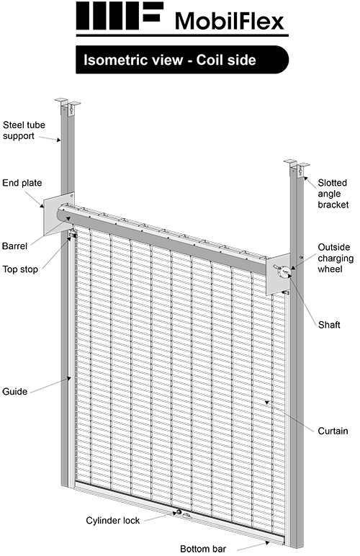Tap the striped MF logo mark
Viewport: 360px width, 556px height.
119,17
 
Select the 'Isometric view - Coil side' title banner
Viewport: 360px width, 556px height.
180,60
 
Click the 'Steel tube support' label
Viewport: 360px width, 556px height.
24,129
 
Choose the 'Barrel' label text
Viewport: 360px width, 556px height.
15,246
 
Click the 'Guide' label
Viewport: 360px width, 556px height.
15,392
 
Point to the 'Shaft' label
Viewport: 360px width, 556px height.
330,324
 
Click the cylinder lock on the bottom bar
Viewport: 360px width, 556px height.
176,513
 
